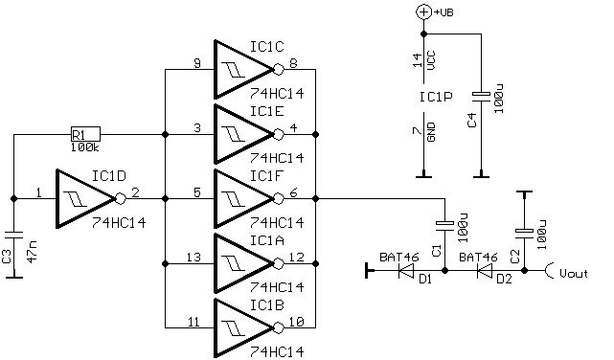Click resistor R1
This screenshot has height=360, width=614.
pyautogui.click(x=85, y=134)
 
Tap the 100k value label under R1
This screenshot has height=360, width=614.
pyautogui.click(x=85, y=147)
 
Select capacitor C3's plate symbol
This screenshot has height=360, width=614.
pyautogui.click(x=14, y=235)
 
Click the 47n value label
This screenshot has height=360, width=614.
pyautogui.click(x=33, y=252)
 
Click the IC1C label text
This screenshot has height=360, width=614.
pyautogui.click(x=267, y=47)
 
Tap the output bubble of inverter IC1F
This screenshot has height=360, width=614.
pyautogui.click(x=278, y=199)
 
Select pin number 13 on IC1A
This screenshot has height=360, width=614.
pyautogui.click(x=193, y=258)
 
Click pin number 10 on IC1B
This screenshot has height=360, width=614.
pyautogui.click(x=296, y=322)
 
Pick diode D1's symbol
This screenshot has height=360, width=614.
pyautogui.click(x=406, y=270)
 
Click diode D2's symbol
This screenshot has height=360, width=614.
pyautogui.click(x=485, y=270)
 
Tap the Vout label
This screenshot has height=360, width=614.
pyautogui.click(x=574, y=273)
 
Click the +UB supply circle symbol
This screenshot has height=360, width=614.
pyautogui.click(x=423, y=12)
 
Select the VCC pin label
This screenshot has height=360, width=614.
pyautogui.click(x=431, y=60)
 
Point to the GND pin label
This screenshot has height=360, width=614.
pyautogui.click(x=431, y=132)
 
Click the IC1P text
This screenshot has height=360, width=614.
pyautogui.click(x=436, y=97)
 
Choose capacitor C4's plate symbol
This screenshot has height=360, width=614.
pyautogui.click(x=481, y=97)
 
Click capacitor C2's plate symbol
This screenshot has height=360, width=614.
pyautogui.click(x=524, y=232)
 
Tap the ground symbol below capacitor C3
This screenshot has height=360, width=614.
pyautogui.click(x=14, y=278)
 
